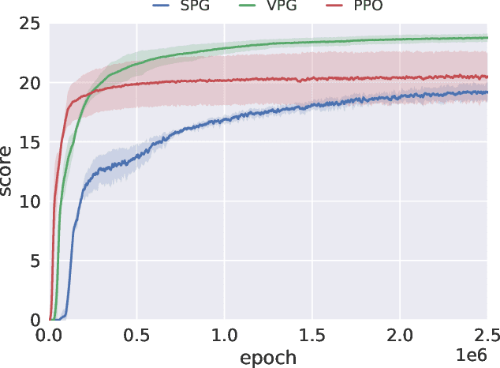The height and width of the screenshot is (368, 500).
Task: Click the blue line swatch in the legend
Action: click(x=162, y=6)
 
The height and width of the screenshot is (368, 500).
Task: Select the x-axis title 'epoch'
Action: click(x=268, y=357)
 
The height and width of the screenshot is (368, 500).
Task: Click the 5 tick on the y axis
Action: click(x=35, y=261)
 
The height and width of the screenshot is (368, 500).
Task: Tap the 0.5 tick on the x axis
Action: click(x=136, y=334)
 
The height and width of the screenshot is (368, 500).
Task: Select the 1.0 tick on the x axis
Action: click(x=224, y=334)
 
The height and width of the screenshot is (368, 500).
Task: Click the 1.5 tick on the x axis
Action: click(x=312, y=334)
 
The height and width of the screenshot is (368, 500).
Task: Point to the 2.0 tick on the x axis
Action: click(x=400, y=334)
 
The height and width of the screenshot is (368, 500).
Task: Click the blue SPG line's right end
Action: click(x=487, y=92)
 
